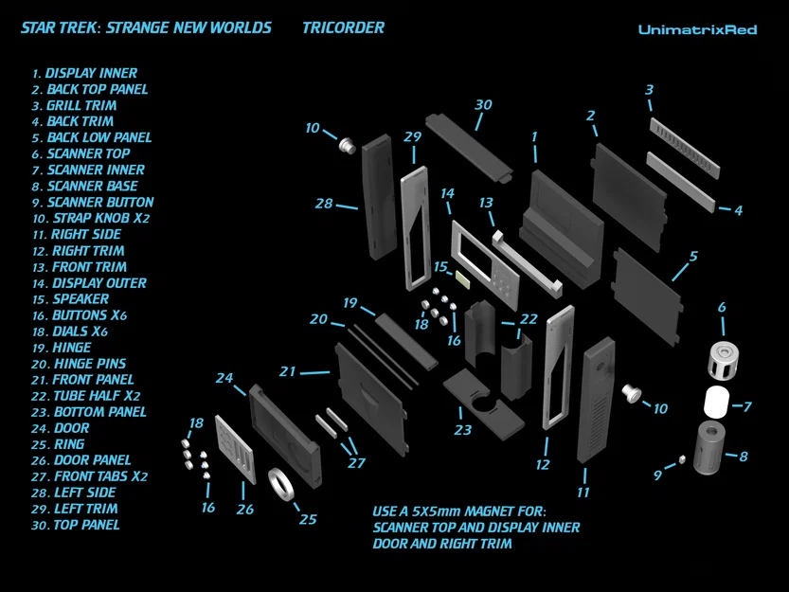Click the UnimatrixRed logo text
pyautogui.click(x=697, y=29)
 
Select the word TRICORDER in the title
pyautogui.click(x=343, y=27)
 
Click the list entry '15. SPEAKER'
pyautogui.click(x=70, y=298)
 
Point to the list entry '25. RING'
pyautogui.click(x=58, y=443)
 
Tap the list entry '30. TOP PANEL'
pyautogui.click(x=75, y=524)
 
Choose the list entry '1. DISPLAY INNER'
pyautogui.click(x=84, y=73)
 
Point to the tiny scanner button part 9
pyautogui.click(x=681, y=461)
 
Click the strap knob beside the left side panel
pyautogui.click(x=348, y=145)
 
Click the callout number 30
pyautogui.click(x=483, y=104)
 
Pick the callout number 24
pyautogui.click(x=224, y=378)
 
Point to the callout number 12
pyautogui.click(x=543, y=465)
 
